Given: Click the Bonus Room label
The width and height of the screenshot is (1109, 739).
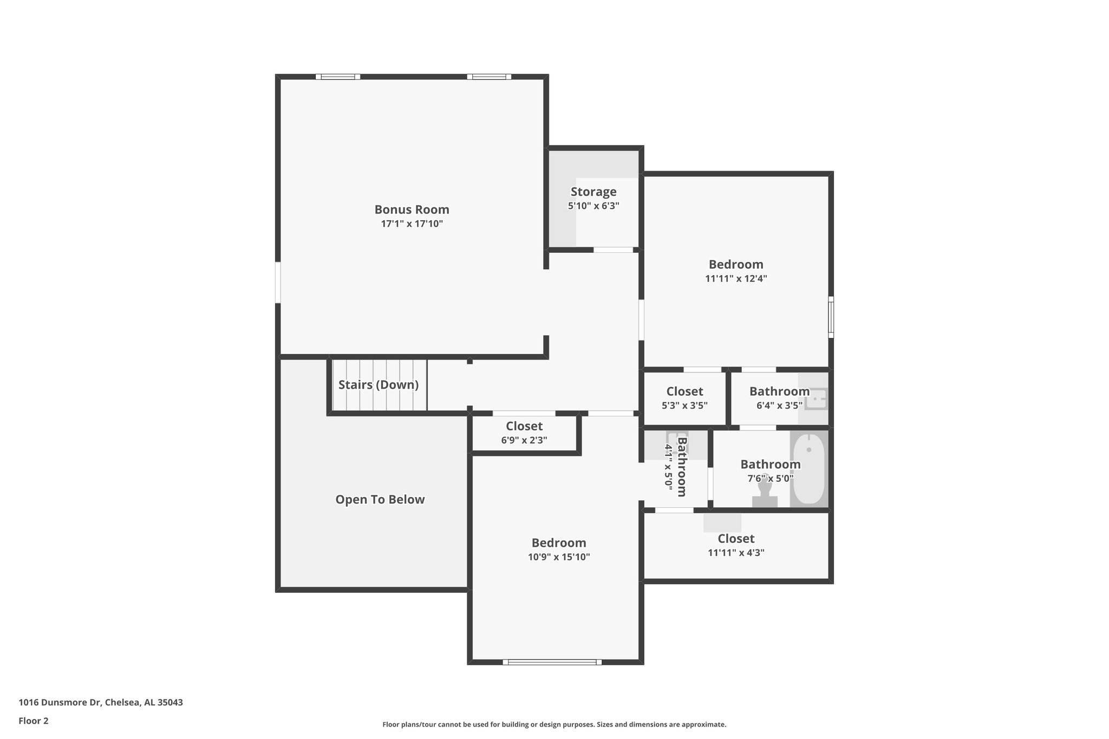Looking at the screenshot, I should (412, 210).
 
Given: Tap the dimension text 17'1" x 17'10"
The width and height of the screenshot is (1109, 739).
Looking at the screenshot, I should (412, 224).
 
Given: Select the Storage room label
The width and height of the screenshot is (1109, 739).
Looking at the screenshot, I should (593, 192).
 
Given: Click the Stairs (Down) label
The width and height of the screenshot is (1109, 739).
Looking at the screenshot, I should (379, 385).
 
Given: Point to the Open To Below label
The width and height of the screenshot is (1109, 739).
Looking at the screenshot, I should (380, 500).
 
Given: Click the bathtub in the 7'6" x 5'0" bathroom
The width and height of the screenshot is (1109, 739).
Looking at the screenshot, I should (808, 469).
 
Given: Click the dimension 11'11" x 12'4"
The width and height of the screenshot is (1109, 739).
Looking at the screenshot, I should (736, 279).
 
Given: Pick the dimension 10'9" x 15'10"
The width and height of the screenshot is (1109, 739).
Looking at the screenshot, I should (559, 557).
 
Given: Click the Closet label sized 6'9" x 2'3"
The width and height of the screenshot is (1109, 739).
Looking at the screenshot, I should (524, 426).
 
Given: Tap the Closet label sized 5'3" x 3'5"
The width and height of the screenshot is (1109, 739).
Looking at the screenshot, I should (684, 391).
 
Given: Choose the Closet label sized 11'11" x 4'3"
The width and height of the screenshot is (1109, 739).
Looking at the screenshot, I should (736, 539).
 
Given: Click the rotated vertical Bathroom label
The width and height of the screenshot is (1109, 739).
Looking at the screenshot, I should (682, 467).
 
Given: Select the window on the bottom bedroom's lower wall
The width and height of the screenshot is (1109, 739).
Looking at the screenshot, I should (552, 662).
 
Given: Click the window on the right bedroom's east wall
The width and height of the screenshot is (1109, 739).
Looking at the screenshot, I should (831, 317).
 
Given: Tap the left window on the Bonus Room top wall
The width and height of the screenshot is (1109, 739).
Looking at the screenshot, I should (338, 77).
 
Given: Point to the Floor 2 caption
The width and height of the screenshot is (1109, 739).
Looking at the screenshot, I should (34, 721).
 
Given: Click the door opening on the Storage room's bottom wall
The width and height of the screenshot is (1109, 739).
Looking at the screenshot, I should (613, 250).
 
